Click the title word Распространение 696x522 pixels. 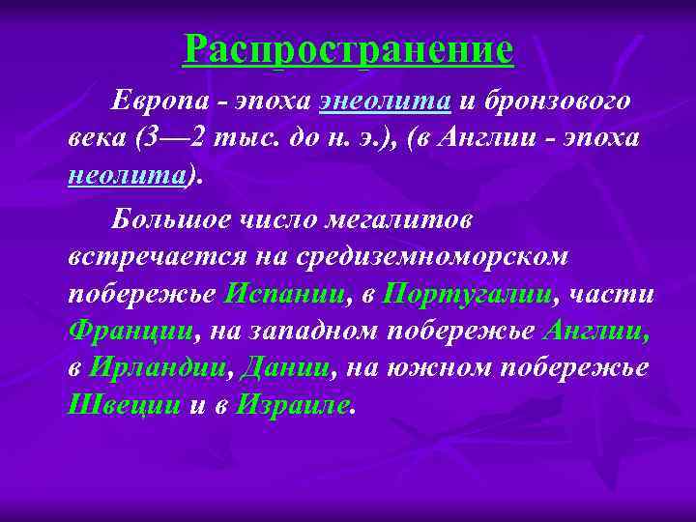[x=348, y=49]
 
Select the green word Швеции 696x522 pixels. [x=125, y=405]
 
